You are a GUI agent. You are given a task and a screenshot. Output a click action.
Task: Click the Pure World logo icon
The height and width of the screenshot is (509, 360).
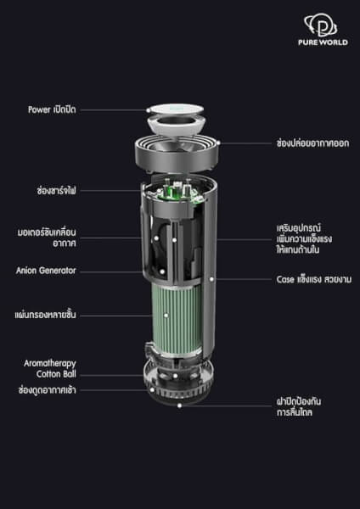click(x=320, y=25)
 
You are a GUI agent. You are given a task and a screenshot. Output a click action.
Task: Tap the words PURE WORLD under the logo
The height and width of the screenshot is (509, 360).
click(x=323, y=42)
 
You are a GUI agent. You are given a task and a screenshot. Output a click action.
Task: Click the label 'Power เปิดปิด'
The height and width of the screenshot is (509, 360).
click(x=52, y=109)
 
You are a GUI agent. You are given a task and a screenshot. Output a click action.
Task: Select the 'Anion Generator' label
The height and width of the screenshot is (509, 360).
click(x=46, y=271)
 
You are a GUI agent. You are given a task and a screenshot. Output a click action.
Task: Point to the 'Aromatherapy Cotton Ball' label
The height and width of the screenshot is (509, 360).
click(x=50, y=368)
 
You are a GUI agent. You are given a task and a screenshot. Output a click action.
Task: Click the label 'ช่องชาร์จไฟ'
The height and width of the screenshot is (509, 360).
click(x=57, y=190)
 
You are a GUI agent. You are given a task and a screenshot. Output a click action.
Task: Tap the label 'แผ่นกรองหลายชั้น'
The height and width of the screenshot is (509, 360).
click(x=45, y=315)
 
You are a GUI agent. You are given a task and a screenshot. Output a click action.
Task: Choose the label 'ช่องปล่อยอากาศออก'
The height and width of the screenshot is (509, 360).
click(x=313, y=143)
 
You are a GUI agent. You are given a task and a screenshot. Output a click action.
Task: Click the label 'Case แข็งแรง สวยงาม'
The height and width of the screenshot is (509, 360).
click(x=314, y=279)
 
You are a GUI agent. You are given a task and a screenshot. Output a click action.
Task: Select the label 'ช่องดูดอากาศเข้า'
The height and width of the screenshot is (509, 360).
click(x=47, y=390)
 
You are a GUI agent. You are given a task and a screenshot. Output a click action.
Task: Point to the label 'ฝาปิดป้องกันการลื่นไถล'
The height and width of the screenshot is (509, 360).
click(x=299, y=406)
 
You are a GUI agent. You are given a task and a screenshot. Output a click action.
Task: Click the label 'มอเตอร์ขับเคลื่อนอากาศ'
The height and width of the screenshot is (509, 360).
click(x=47, y=238)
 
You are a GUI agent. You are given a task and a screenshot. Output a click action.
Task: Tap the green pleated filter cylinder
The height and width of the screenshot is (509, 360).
click(x=178, y=316)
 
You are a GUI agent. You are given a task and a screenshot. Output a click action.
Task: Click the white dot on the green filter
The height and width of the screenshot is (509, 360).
click(x=166, y=315)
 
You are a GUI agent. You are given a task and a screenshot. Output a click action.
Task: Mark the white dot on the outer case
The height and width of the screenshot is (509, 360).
click(x=211, y=279)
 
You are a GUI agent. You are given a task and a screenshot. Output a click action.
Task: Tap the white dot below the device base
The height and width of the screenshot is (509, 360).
click(x=179, y=406)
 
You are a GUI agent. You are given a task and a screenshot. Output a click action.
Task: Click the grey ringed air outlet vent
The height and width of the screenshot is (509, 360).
click(x=177, y=154)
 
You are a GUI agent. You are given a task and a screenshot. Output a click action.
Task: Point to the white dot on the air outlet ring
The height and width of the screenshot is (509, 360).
click(x=218, y=143)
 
